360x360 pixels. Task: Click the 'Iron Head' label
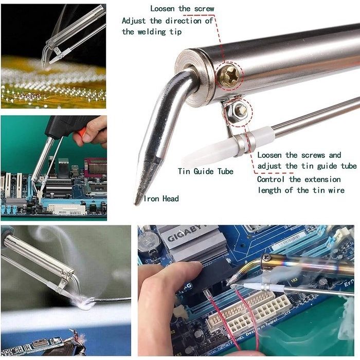point(161,199)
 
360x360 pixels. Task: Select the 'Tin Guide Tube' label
point(206,171)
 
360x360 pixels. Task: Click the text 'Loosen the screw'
point(182,9)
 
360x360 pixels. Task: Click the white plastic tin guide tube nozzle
point(208,153)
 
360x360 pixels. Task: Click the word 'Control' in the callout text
point(271,179)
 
